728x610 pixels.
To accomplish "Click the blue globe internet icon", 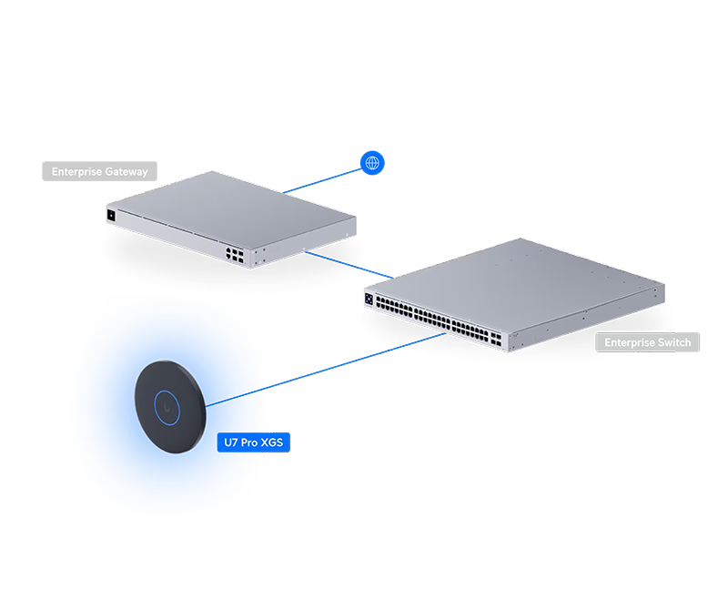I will (371, 163).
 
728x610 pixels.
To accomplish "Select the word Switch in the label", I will (672, 342).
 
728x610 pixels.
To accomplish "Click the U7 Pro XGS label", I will (254, 442).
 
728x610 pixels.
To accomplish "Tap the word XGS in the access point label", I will (272, 442).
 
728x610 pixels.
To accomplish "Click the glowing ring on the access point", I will (167, 404).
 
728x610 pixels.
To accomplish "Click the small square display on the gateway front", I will (110, 215).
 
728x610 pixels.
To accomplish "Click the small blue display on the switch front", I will (369, 297).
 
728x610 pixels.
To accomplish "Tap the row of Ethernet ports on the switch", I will (428, 315).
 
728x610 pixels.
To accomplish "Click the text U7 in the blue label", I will (230, 442).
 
